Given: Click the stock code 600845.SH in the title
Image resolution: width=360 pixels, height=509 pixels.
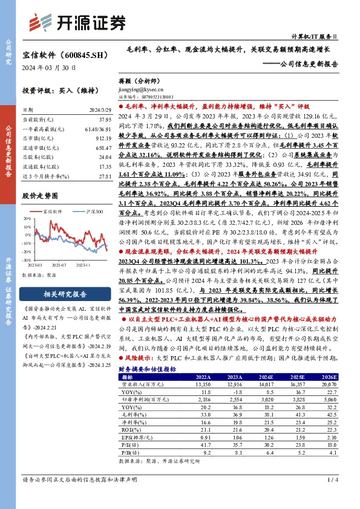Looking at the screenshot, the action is pyautogui.click(x=82, y=55).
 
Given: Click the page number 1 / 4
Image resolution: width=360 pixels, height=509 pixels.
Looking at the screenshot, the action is pyautogui.click(x=331, y=496).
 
